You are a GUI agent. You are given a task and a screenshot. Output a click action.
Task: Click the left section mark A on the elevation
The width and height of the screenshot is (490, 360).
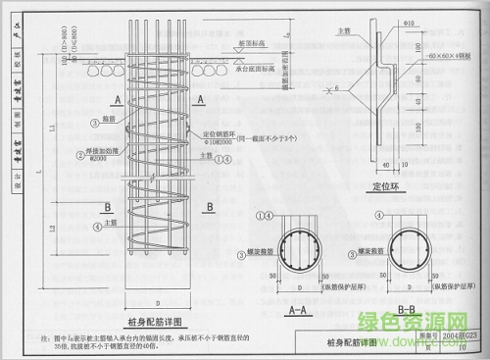(117, 100)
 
